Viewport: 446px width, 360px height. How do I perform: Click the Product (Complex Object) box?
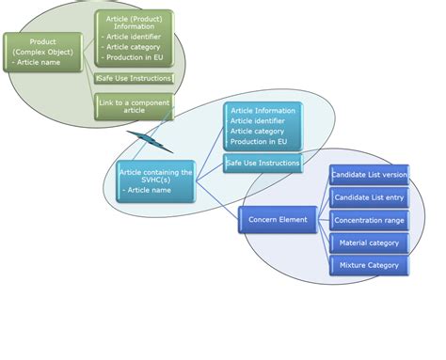tap(41, 51)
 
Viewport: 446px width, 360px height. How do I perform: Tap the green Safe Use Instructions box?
tap(135, 79)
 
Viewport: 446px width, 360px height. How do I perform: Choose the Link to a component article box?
tap(135, 105)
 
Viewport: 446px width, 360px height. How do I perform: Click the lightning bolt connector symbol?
tap(150, 141)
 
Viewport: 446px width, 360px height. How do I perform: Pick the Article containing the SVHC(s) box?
tap(156, 180)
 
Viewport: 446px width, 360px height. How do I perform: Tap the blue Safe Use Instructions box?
tap(263, 164)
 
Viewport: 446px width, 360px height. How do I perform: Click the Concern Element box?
tap(278, 220)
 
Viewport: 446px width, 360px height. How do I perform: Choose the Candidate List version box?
tap(369, 175)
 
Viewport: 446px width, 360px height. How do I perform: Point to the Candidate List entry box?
tap(369, 197)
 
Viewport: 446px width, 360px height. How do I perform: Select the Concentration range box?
tap(369, 220)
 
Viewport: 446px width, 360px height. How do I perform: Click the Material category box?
tap(369, 243)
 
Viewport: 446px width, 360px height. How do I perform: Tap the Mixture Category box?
tap(369, 265)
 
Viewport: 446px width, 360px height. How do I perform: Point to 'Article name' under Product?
tap(37, 62)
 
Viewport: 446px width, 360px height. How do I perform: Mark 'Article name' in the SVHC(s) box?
tap(151, 190)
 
